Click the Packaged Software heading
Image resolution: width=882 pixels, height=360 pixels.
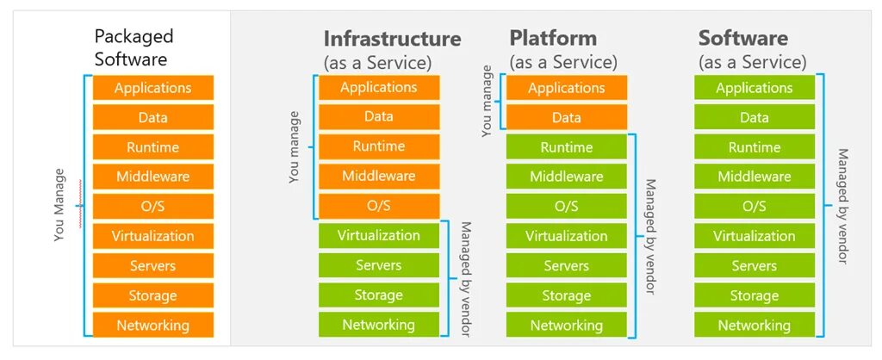click(134, 47)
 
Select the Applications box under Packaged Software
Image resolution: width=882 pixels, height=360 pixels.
click(152, 88)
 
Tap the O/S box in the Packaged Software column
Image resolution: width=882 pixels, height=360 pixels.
click(152, 206)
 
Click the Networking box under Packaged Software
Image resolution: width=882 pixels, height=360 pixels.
click(152, 326)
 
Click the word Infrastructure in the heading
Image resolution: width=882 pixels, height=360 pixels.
click(392, 39)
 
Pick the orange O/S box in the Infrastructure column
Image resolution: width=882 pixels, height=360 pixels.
click(378, 206)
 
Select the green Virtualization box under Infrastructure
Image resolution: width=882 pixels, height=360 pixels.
click(378, 235)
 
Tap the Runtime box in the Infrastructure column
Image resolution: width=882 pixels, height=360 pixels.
click(378, 146)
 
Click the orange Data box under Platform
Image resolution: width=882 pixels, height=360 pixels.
click(566, 117)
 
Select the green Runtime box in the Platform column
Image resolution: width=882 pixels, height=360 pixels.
click(566, 147)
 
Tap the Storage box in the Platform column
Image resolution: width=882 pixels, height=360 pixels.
click(566, 295)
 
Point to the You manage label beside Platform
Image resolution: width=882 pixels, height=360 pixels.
click(488, 102)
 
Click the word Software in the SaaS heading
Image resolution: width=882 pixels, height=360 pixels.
click(742, 39)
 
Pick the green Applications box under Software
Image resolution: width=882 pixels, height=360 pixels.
click(754, 88)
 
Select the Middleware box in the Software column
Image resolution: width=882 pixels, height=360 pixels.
click(754, 177)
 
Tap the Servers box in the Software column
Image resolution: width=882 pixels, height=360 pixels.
click(754, 266)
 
